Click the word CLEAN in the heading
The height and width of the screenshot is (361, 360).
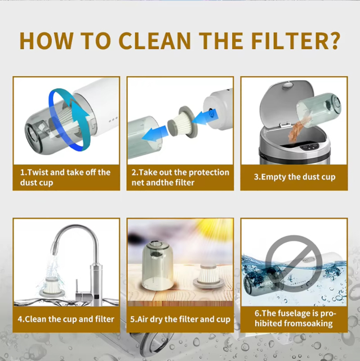pos(154,41)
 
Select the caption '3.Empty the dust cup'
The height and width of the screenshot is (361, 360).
pos(295,177)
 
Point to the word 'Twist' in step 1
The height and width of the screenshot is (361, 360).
pos(38,172)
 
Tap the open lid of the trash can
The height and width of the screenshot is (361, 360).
pos(286,103)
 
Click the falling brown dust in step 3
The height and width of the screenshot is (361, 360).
pos(297,129)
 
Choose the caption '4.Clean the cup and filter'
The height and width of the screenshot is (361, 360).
pos(66,319)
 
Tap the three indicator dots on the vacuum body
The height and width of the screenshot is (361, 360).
pos(113,120)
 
